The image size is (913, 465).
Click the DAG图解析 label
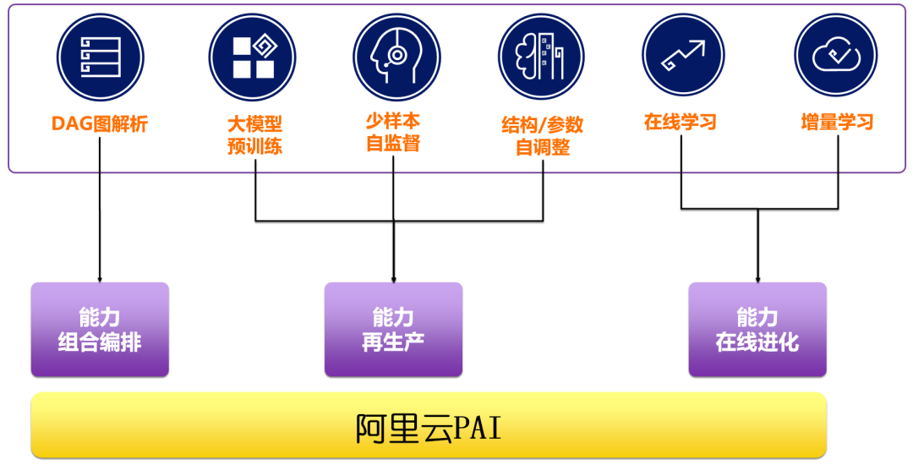pos(100,124)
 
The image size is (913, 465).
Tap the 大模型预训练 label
pos(254,134)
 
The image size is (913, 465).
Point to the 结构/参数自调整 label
pos(543,135)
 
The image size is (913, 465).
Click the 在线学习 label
pos(681,122)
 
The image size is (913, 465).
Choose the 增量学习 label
pos(837,122)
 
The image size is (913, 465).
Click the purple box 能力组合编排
pos(100,330)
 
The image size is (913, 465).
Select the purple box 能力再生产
pos(393,330)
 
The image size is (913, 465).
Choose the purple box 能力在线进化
pos(757,330)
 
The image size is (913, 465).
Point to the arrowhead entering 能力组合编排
pos(100,280)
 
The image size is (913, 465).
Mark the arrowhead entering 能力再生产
pos(394,280)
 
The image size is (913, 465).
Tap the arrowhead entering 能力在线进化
pos(757,280)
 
